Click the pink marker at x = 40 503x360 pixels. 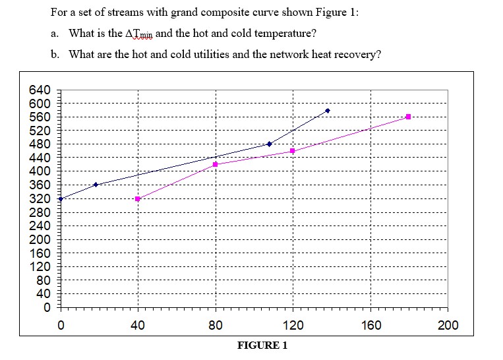(138, 198)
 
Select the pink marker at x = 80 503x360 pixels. (216, 164)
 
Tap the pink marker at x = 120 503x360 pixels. (293, 151)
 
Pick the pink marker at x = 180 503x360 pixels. (409, 117)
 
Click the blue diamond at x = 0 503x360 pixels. (61, 198)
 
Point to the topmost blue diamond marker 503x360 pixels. (328, 111)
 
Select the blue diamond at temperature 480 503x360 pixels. (269, 144)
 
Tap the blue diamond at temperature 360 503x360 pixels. (96, 185)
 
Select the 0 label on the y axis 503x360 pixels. (47, 307)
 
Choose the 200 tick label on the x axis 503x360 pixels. (448, 324)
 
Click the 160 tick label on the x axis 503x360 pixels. (370, 324)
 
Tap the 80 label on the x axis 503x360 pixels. (216, 324)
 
